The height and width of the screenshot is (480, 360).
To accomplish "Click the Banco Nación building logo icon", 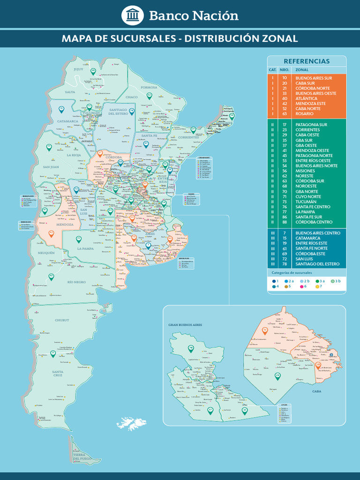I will click(x=133, y=15).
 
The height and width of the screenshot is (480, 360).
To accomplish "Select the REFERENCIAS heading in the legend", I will click(x=307, y=61).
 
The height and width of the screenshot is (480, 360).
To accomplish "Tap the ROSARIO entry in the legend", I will click(x=304, y=114).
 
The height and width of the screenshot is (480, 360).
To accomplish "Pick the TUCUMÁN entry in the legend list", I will click(x=306, y=202).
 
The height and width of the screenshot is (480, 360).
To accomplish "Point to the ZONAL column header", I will click(x=302, y=70).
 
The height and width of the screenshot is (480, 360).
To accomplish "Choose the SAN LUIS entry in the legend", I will click(x=305, y=259).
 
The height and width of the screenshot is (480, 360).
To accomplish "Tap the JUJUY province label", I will click(x=78, y=69).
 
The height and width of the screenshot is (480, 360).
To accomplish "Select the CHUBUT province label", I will click(x=62, y=320).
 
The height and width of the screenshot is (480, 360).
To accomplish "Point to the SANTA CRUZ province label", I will click(x=58, y=374).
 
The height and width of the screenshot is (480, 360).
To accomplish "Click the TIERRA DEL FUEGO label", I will click(x=82, y=457).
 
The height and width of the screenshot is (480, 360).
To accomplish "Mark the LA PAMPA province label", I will click(x=86, y=248).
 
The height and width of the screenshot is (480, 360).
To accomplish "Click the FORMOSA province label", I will click(x=149, y=87).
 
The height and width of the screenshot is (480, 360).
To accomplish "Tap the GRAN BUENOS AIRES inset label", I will click(x=184, y=324).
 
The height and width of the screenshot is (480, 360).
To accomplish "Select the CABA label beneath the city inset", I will click(x=316, y=390).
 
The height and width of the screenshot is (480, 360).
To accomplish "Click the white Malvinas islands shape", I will click(x=131, y=423).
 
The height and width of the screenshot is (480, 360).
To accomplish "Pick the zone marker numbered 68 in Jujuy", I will click(x=93, y=71).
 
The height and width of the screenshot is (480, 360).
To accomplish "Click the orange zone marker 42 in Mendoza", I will click(x=52, y=232).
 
